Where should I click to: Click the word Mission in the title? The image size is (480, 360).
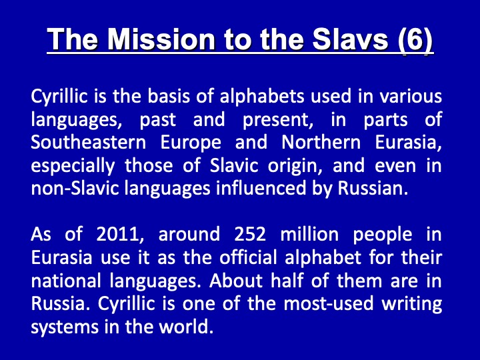[161, 39]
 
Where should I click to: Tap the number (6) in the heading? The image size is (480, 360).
[416, 41]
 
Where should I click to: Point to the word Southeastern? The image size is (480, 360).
[89, 143]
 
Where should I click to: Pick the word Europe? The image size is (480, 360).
[191, 143]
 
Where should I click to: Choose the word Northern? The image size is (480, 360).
[321, 143]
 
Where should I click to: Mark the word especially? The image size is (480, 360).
[73, 166]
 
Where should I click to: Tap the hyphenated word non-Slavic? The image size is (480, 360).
[75, 189]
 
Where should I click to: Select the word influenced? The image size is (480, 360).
[261, 189]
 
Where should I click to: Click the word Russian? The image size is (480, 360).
[373, 189]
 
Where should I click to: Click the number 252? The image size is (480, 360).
[250, 235]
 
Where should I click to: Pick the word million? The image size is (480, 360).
[309, 235]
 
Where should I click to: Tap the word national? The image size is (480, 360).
[66, 281]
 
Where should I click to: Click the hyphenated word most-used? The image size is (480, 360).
[329, 304]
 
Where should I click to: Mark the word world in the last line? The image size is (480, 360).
[185, 327]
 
